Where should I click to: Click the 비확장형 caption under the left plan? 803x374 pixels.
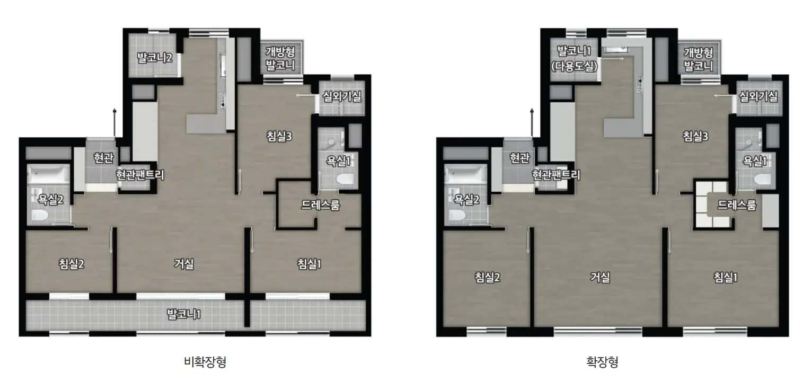205,361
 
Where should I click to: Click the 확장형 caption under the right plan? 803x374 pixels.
602,361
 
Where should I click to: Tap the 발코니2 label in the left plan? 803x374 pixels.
155,57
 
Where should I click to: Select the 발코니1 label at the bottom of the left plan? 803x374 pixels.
184,314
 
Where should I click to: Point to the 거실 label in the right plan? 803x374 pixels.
600,277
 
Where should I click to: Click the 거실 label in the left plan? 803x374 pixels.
184,264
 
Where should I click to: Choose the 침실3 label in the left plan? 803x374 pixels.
279,136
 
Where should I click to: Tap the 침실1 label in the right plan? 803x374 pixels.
725,277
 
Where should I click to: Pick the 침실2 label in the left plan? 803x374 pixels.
72,264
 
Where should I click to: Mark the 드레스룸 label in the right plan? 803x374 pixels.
737,205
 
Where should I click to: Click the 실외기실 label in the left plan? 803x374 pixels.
342,96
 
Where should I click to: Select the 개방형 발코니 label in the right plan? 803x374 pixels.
699,59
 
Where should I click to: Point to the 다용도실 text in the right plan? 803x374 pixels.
574,66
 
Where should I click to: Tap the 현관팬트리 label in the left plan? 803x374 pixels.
140,175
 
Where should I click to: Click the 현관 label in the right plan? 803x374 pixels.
519,158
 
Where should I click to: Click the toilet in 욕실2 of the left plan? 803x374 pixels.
39,216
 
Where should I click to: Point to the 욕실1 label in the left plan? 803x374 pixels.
338,161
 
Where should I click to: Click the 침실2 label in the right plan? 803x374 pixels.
487,277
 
